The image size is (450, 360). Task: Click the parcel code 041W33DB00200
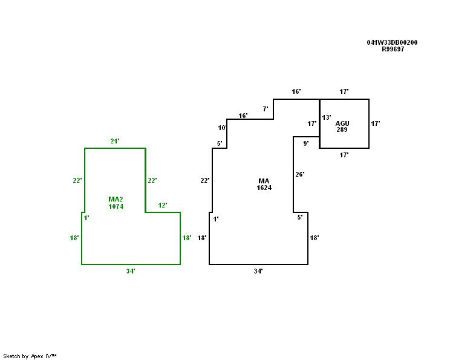tap(392, 42)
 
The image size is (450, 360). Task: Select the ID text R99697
tap(393, 49)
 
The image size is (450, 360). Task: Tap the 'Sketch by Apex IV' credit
tap(30, 356)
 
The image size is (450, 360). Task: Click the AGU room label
tap(342, 123)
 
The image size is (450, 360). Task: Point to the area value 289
tap(342, 129)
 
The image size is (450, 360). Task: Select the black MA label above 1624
tap(264, 181)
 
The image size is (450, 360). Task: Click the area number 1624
tap(264, 188)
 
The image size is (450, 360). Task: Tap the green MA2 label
tap(116, 199)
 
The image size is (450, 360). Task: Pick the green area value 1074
tap(116, 206)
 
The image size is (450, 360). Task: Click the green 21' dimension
tap(114, 141)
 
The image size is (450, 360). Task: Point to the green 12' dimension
tap(163, 205)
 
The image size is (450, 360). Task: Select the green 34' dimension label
tap(131, 271)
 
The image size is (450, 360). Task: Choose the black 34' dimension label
tap(258, 271)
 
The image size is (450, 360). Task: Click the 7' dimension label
tap(265, 109)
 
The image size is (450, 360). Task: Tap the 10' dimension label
tap(222, 128)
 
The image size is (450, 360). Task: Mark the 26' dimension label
tap(300, 174)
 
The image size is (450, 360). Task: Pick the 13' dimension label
tap(326, 117)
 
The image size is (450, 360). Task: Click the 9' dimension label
tap(306, 143)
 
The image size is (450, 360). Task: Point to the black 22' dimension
tap(204, 180)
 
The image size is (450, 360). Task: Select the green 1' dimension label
tap(86, 218)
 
